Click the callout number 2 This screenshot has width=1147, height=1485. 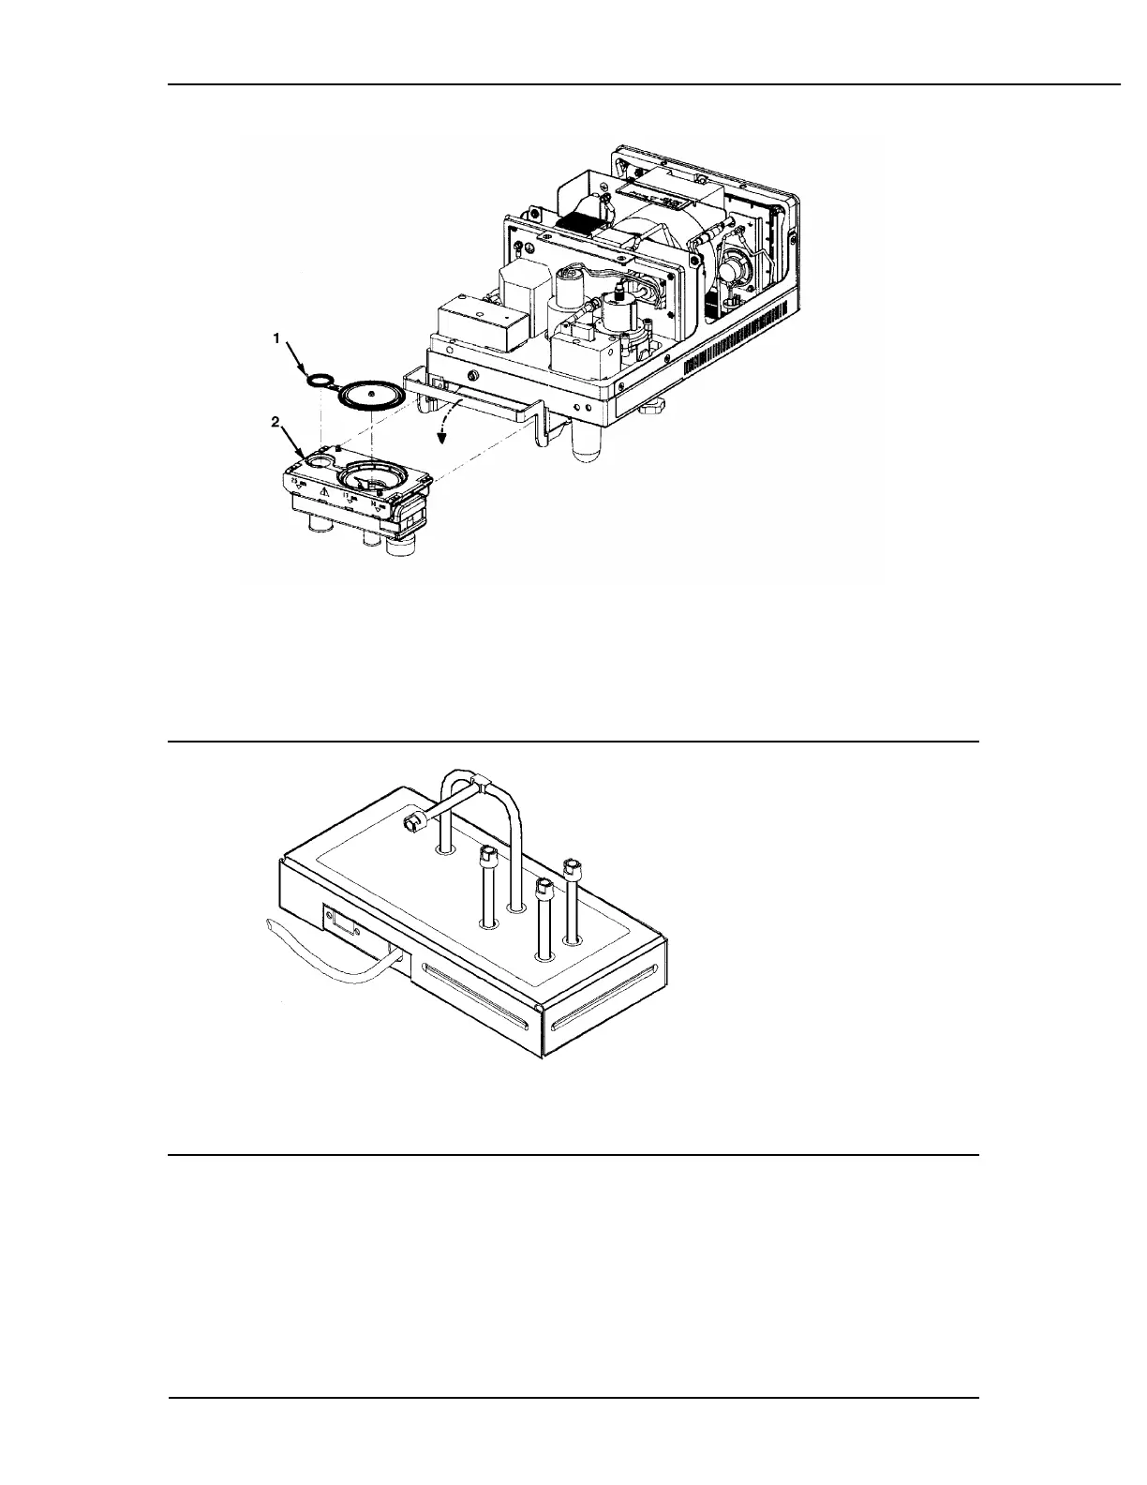point(276,423)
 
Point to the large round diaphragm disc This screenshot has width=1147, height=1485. point(370,394)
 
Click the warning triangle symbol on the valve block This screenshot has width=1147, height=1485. point(321,490)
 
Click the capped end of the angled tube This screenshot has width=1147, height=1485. point(410,824)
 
